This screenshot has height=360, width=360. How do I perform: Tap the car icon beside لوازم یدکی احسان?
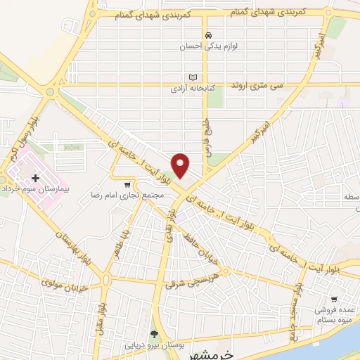point(207,34)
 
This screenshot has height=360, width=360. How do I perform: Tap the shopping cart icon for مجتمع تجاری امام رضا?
point(127,185)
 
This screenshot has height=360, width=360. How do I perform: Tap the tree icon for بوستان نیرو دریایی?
point(155,334)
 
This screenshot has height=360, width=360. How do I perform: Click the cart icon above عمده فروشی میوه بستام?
point(335,298)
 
